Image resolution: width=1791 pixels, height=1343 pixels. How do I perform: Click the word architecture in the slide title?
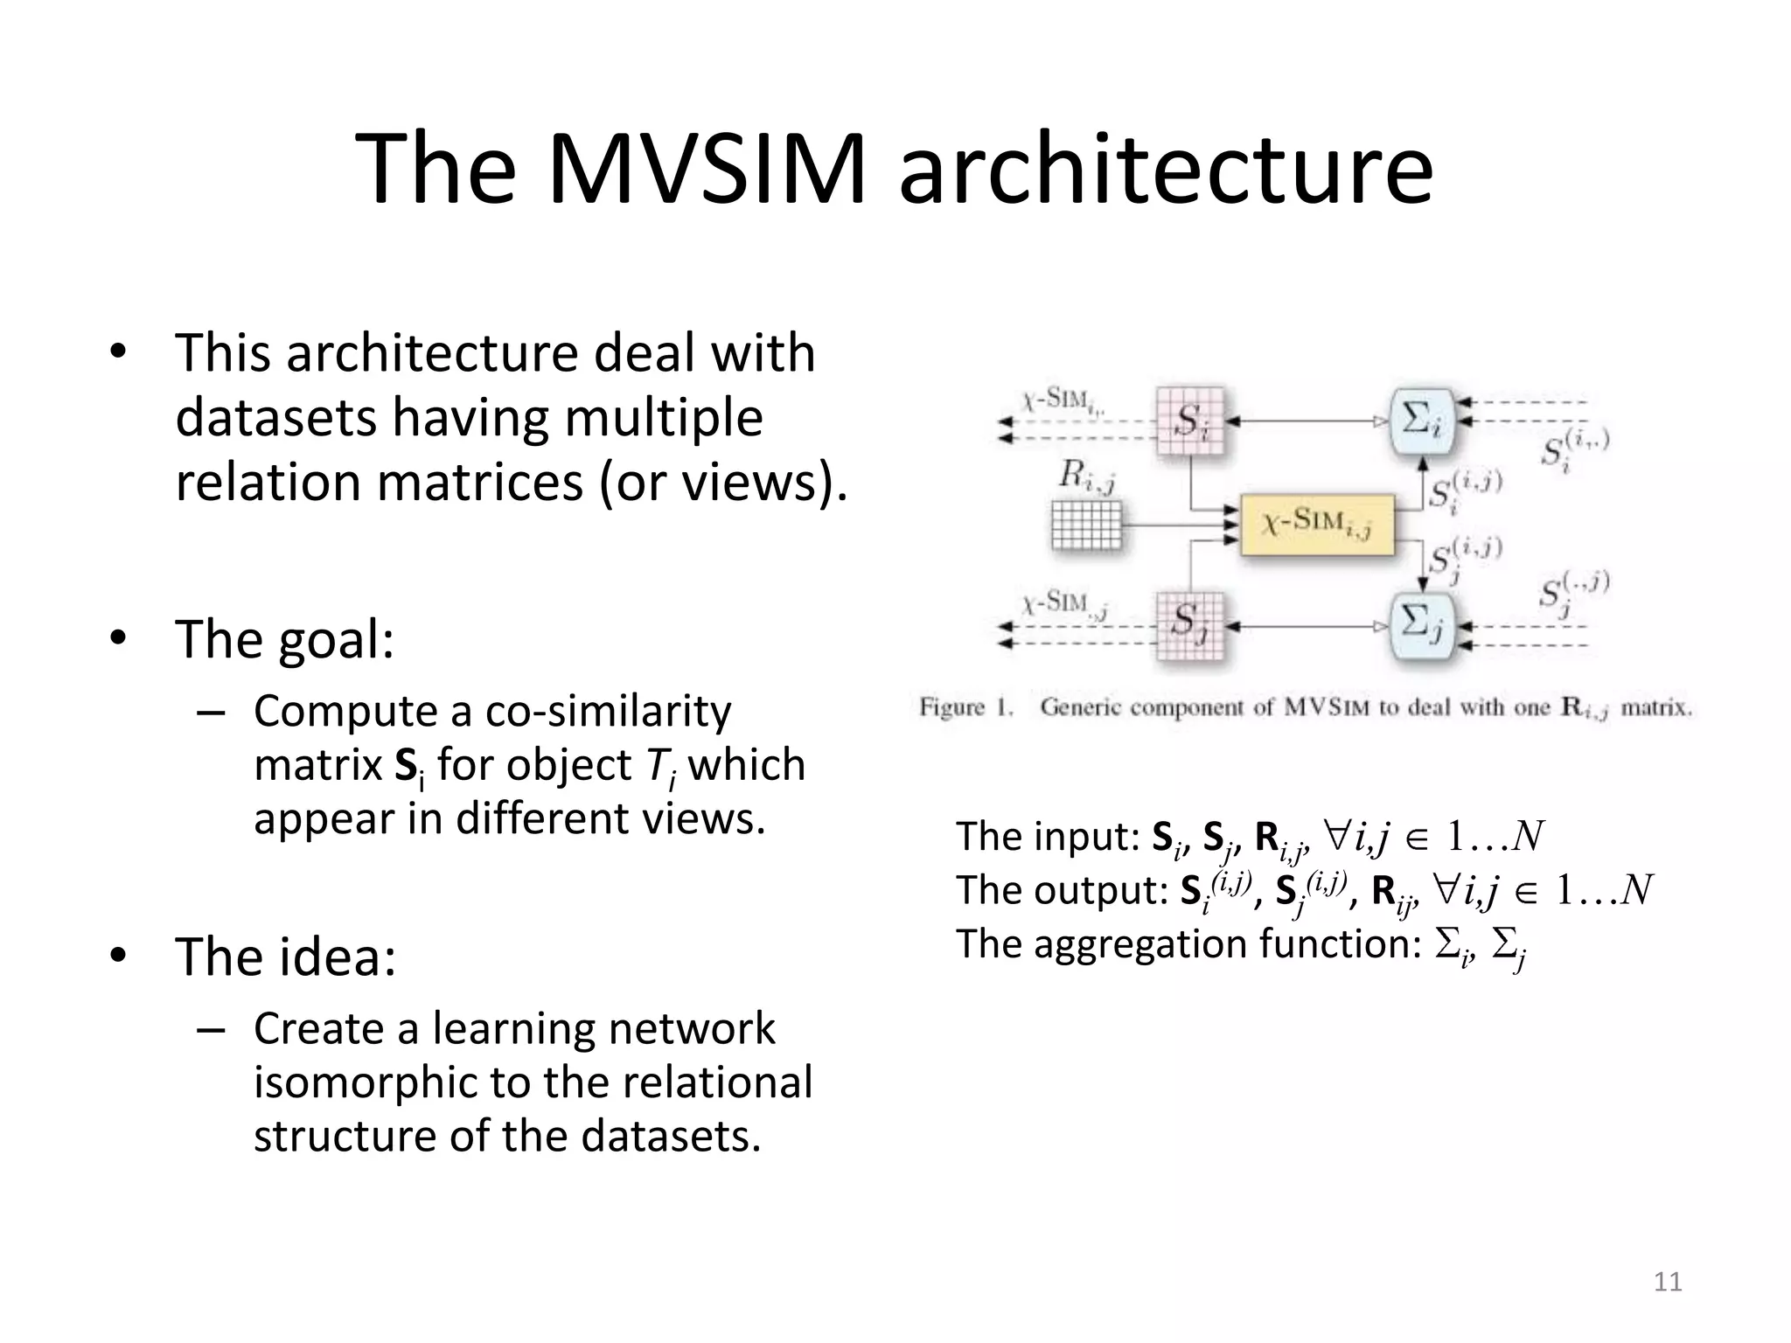(x=1166, y=168)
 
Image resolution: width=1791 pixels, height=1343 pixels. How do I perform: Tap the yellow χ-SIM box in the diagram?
(x=1316, y=525)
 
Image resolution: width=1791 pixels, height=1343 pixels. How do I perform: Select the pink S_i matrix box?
(x=1189, y=421)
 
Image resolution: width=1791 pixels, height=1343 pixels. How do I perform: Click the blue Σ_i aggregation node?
(x=1422, y=421)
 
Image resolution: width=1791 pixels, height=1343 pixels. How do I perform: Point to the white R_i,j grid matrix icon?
(x=1086, y=525)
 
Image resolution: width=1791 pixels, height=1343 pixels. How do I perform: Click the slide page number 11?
(x=1668, y=1282)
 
